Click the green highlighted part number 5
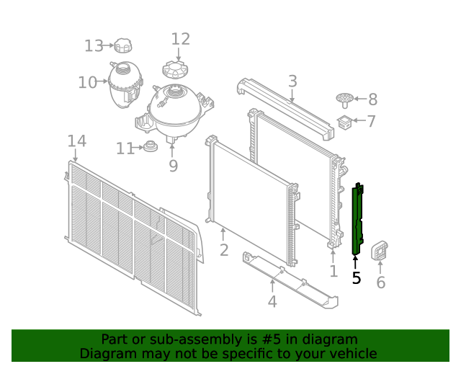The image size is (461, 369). point(357,220)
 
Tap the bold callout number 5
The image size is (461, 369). point(357,277)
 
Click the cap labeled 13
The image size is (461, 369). point(123,47)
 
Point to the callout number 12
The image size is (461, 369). point(180,39)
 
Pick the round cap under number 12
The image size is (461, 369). point(175,70)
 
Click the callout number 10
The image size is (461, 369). point(87,83)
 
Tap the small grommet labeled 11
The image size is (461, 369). point(150,148)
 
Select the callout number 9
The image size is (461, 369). point(173,166)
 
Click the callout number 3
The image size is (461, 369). point(292,81)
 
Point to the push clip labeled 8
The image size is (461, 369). point(345,99)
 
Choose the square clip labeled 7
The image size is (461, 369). point(345,123)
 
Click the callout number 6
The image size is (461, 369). point(380,283)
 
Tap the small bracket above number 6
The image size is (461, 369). point(380,252)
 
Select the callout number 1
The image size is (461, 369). point(333,271)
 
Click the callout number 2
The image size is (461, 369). point(224,250)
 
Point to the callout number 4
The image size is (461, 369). point(272,301)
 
